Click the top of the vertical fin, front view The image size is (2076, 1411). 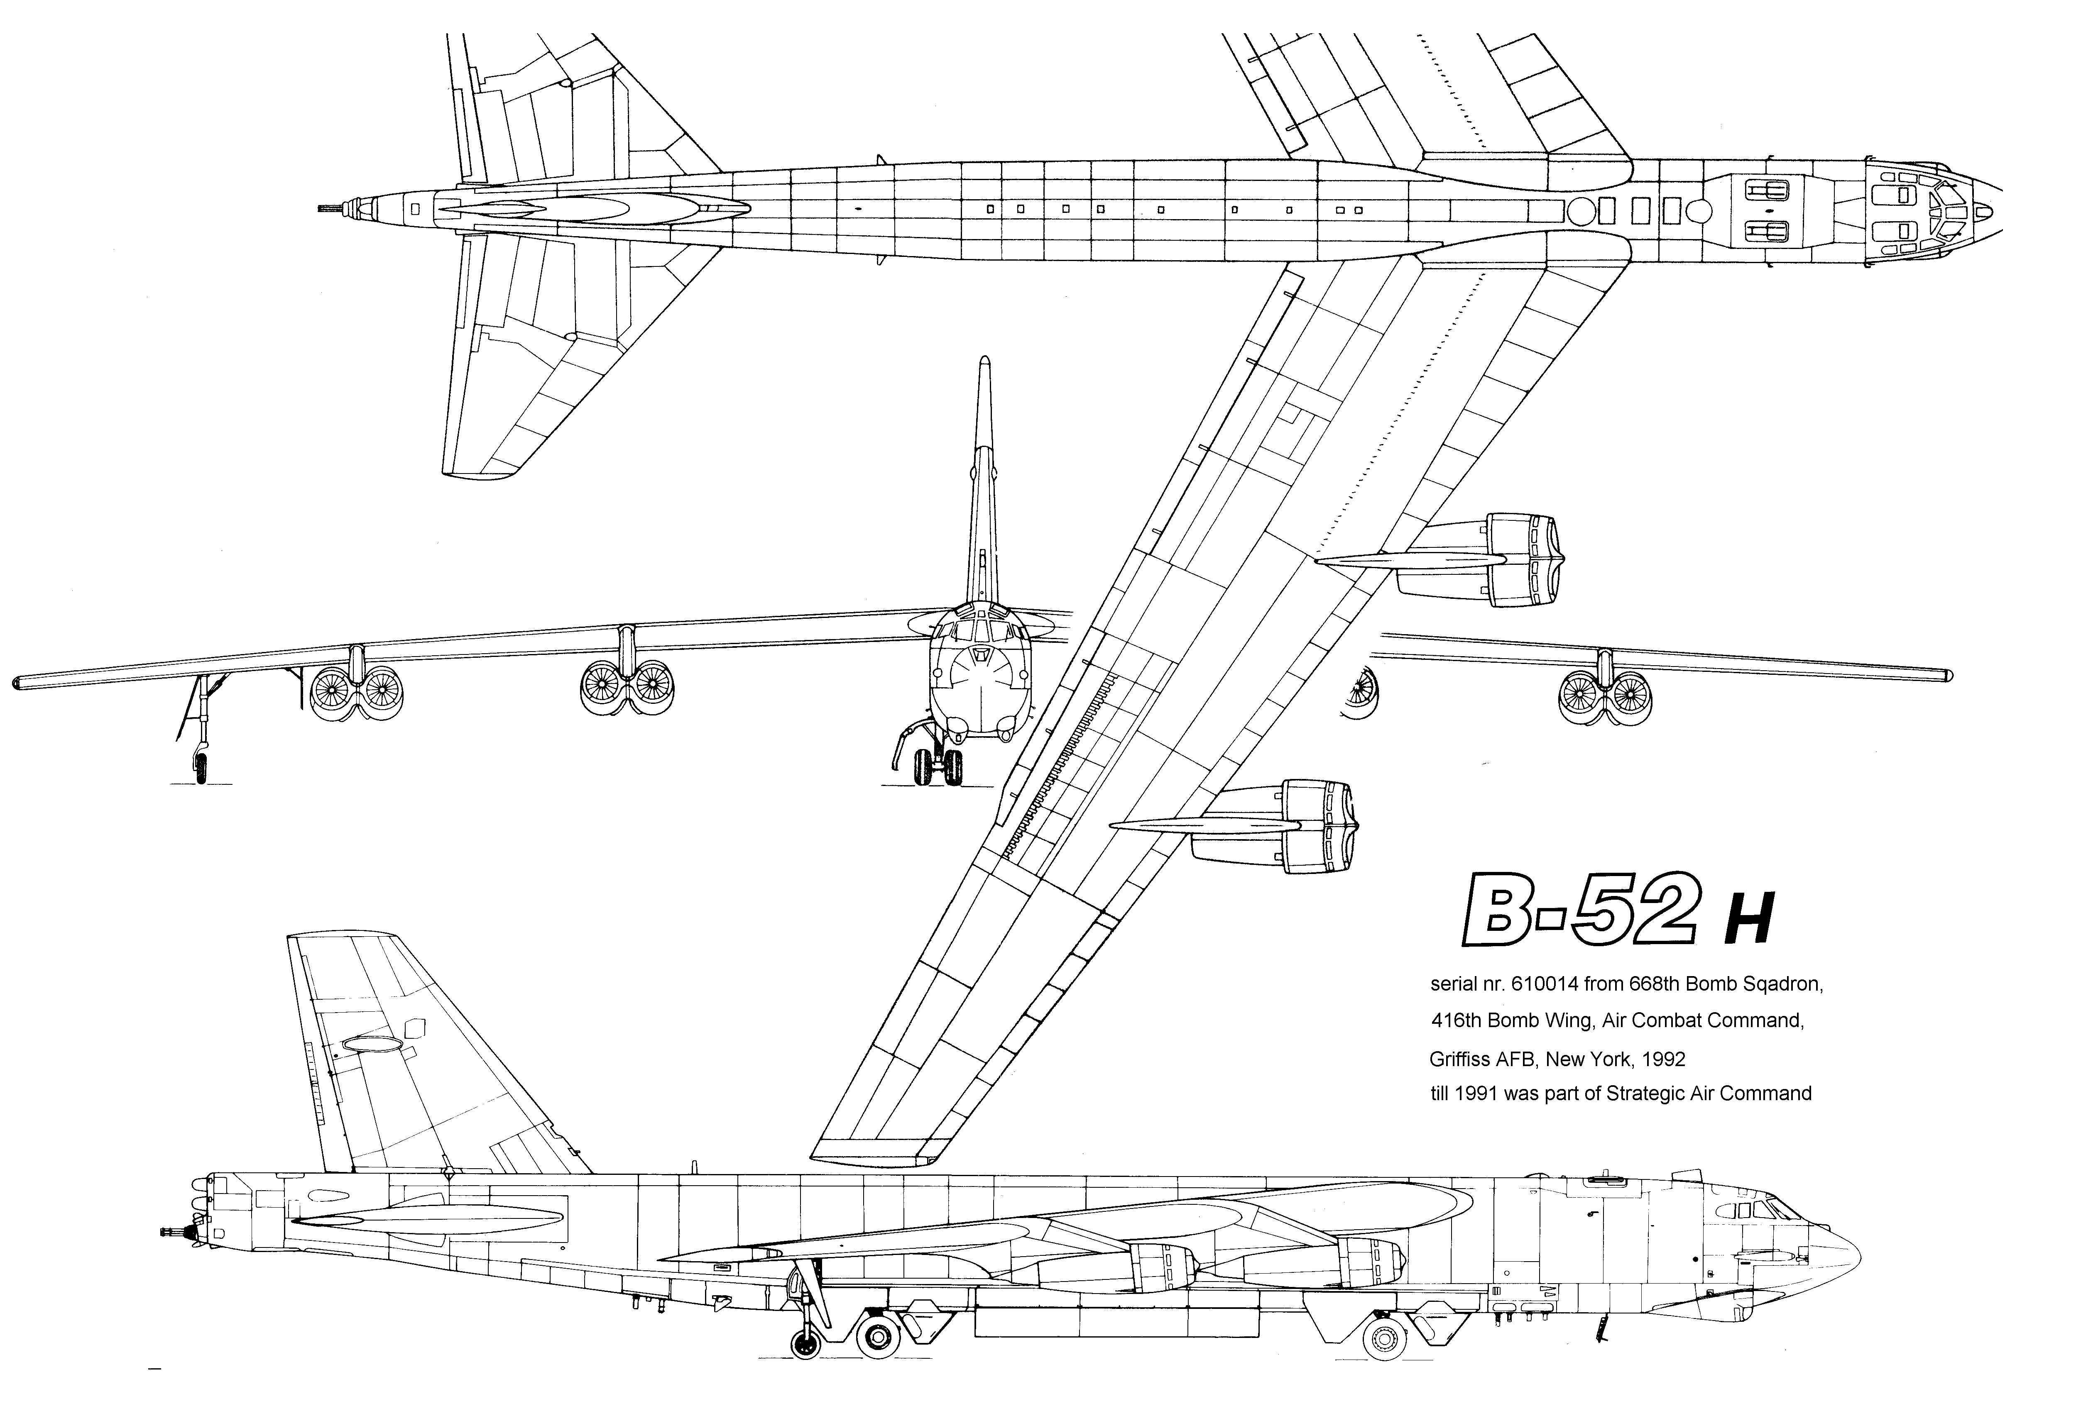[x=984, y=362]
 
